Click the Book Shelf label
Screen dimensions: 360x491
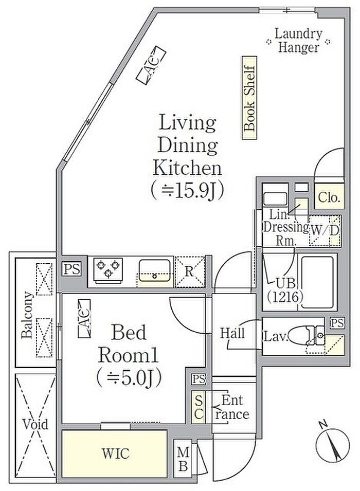tap(249, 98)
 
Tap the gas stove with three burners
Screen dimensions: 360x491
tap(108, 270)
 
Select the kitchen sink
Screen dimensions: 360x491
tap(155, 270)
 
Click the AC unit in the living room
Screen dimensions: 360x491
tap(151, 65)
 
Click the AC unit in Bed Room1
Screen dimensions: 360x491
tap(84, 318)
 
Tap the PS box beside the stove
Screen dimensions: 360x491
tap(72, 269)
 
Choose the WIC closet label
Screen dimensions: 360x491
tap(115, 453)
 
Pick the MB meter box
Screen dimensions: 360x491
tap(183, 459)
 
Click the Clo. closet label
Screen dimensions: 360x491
tap(329, 197)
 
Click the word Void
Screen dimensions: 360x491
tap(35, 424)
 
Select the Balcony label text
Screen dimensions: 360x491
tap(27, 315)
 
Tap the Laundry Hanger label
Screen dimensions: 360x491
tap(298, 41)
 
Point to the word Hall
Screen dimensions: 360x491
tap(232, 333)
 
